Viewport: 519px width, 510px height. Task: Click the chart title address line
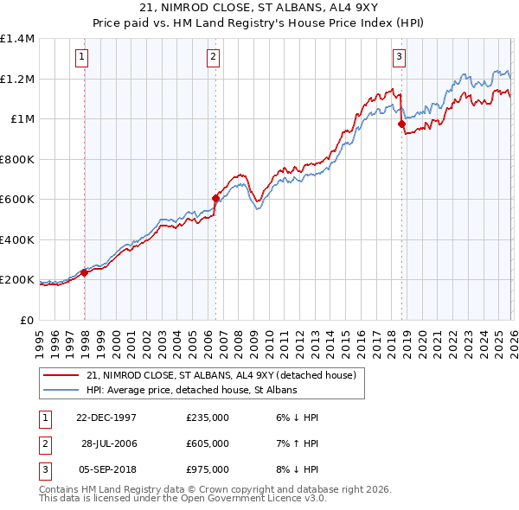pyautogui.click(x=259, y=8)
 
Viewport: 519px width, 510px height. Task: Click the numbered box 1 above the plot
pyautogui.click(x=81, y=58)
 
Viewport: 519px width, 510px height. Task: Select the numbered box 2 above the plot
pyautogui.click(x=213, y=58)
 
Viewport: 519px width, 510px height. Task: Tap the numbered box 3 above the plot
pyautogui.click(x=399, y=58)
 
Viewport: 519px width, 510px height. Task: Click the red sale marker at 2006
pyautogui.click(x=215, y=198)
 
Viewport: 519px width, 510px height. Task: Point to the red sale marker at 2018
pyautogui.click(x=401, y=124)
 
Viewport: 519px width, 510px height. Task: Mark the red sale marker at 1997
pyautogui.click(x=85, y=272)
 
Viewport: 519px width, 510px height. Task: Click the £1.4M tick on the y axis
pyautogui.click(x=17, y=39)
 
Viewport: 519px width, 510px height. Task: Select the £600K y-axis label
pyautogui.click(x=17, y=200)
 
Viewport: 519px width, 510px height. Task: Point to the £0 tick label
pyautogui.click(x=28, y=320)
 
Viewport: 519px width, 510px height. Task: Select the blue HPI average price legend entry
pyautogui.click(x=191, y=391)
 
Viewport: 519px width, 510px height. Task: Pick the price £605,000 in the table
pyautogui.click(x=208, y=443)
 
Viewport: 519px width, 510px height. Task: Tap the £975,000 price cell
pyautogui.click(x=208, y=469)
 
